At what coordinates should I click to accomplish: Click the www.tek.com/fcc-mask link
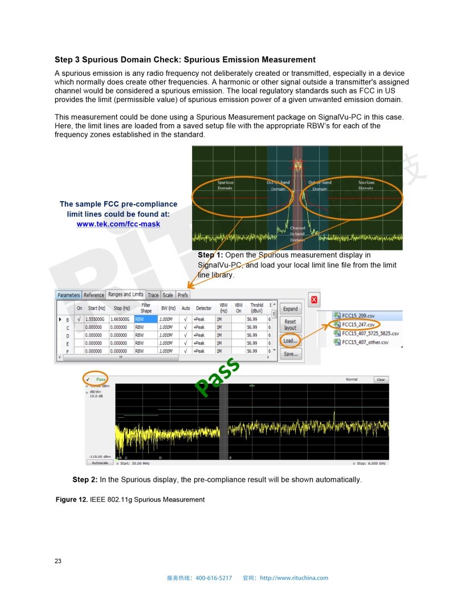tap(119, 224)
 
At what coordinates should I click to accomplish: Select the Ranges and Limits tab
tap(126, 295)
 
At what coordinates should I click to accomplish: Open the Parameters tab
tap(68, 295)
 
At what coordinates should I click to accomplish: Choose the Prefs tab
tap(183, 295)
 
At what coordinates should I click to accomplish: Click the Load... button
tap(290, 341)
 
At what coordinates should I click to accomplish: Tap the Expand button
tap(291, 309)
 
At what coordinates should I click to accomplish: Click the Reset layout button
tap(291, 325)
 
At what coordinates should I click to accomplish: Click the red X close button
tap(314, 300)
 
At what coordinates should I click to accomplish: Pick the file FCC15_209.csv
tap(358, 316)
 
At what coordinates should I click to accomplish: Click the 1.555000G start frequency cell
tap(95, 320)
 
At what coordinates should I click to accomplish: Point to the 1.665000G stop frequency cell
tap(120, 320)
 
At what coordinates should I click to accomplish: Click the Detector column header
tap(203, 308)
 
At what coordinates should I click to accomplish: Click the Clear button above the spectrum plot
tap(380, 380)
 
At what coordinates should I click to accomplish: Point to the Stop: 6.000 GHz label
tap(371, 463)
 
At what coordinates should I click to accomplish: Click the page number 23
tap(58, 561)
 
